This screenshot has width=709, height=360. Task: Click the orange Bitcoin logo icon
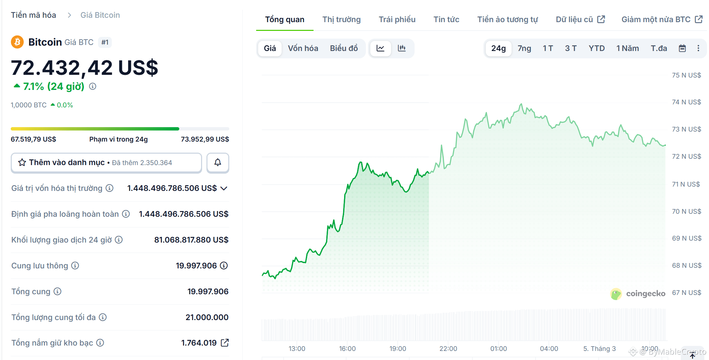17,42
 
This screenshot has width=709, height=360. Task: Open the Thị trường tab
341,19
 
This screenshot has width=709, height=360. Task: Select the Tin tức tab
446,19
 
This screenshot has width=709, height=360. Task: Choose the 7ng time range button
524,48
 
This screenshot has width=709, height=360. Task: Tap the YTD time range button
596,48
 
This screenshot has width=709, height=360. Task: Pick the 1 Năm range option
627,48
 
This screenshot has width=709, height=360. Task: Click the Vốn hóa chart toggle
303,48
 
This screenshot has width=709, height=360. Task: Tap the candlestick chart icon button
401,48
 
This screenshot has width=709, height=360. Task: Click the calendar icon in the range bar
682,48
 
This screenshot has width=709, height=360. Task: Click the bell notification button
218,163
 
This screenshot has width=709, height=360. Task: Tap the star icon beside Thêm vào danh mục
22,163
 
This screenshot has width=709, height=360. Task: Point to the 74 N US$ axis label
686,102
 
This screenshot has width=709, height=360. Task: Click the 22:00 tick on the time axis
448,349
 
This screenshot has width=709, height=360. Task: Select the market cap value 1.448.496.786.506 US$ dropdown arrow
224,188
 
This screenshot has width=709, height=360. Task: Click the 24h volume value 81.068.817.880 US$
191,240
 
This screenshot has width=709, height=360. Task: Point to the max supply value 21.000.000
207,317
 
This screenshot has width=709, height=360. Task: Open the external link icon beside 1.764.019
225,343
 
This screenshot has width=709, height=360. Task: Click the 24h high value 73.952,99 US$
205,139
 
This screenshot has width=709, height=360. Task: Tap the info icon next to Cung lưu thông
75,266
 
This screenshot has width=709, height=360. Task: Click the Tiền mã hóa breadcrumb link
33,15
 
